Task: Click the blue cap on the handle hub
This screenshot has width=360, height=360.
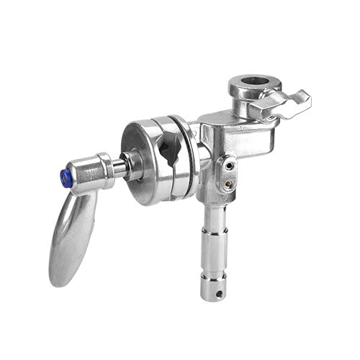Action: coord(66,179)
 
